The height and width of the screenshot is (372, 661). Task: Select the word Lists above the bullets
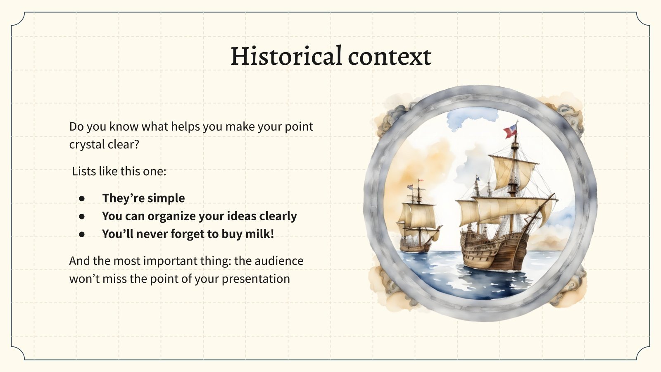pos(84,171)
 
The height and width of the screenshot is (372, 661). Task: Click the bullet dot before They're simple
pos(82,198)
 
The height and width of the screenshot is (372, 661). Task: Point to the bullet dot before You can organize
pos(82,216)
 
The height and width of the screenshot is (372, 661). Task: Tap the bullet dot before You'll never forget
pos(82,234)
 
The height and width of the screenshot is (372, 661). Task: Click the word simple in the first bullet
pos(166,198)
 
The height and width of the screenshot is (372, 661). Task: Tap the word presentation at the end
pos(256,279)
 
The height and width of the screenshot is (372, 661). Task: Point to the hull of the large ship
pos(496,252)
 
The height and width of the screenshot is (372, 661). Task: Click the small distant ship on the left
pos(417,223)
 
